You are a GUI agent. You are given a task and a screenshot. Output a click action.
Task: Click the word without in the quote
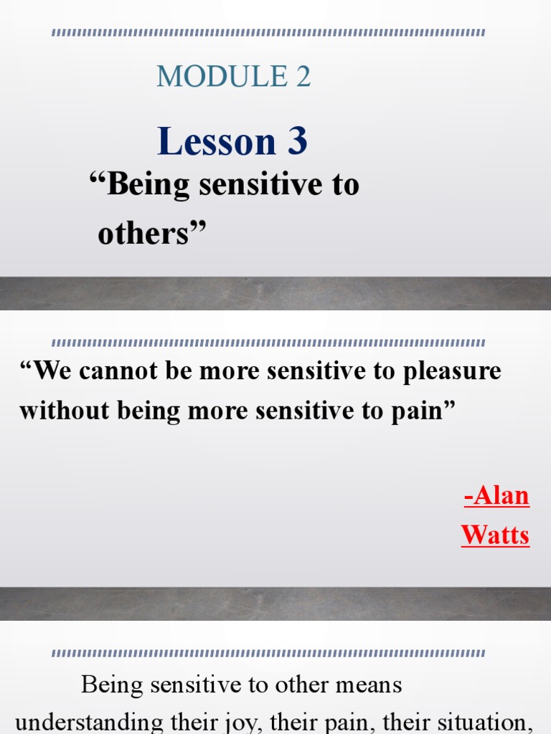point(57,411)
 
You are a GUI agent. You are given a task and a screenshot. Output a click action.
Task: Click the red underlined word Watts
point(495,535)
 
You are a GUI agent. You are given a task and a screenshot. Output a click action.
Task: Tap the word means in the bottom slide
point(369,685)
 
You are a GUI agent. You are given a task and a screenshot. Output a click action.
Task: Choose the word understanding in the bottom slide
point(78,722)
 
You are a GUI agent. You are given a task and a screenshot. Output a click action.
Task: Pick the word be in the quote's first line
point(174,371)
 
